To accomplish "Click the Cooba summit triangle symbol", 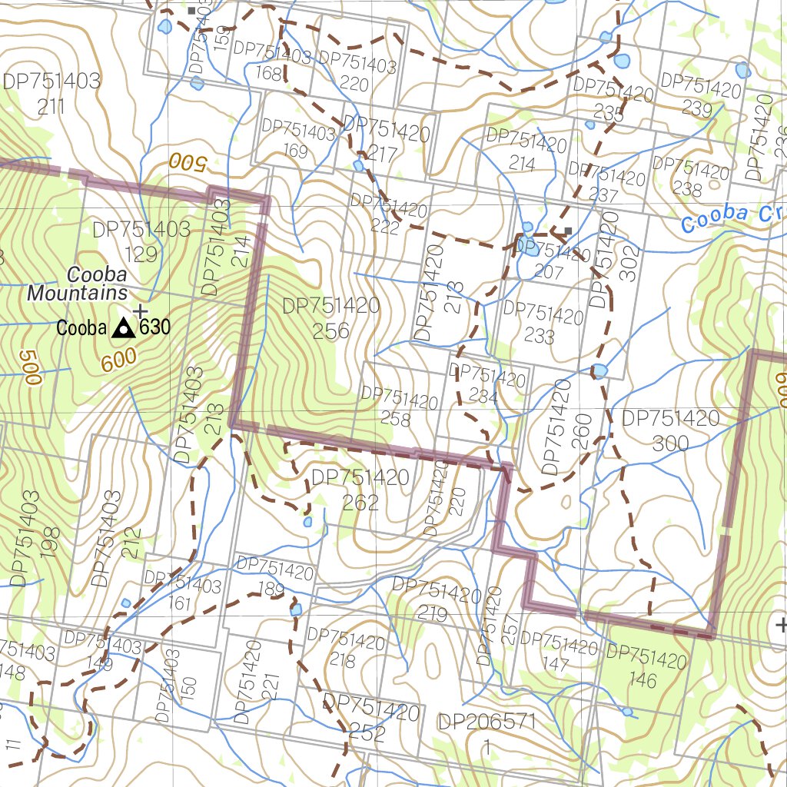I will click(121, 329).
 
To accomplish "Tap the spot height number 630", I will click(154, 328).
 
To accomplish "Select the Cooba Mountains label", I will click(78, 284).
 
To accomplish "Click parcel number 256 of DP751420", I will click(331, 330).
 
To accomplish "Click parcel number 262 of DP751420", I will click(360, 503).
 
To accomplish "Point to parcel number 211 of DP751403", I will click(51, 106).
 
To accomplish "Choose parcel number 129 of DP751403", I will click(141, 254).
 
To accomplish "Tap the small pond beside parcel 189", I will click(296, 609).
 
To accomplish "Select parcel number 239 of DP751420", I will click(697, 108).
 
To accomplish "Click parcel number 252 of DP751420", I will click(367, 733).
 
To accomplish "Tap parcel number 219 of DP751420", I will click(433, 613).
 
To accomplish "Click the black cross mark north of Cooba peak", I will click(139, 310).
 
